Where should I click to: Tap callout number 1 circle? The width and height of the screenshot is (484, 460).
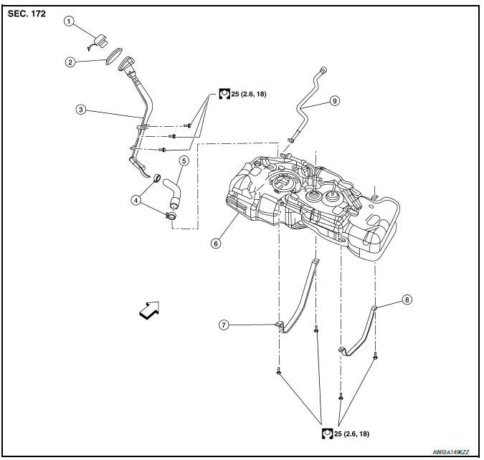pyautogui.click(x=70, y=21)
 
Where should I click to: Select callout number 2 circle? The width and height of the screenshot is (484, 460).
pyautogui.click(x=70, y=62)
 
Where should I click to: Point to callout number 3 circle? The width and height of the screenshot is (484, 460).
pyautogui.click(x=82, y=110)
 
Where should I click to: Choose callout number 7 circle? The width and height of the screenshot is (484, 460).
pyautogui.click(x=224, y=325)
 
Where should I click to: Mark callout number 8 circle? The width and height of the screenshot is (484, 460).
pyautogui.click(x=407, y=300)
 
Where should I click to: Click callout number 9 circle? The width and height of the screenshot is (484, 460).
pyautogui.click(x=334, y=102)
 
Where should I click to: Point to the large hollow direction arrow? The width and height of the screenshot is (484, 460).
pyautogui.click(x=150, y=310)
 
